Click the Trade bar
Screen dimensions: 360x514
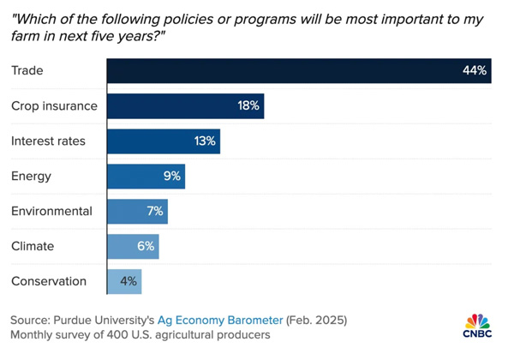[x=298, y=71]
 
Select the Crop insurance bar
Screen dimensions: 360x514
[x=185, y=106]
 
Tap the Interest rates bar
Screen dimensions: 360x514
[x=163, y=141]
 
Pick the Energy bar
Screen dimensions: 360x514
[x=146, y=177]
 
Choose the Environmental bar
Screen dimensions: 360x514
[x=137, y=212]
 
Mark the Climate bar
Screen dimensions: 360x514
[x=133, y=247]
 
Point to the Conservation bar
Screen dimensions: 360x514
[x=123, y=281]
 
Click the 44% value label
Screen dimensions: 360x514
[x=474, y=71]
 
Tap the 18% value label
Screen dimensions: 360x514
[x=249, y=106]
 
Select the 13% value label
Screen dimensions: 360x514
[x=205, y=141]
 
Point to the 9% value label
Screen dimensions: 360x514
[x=171, y=177]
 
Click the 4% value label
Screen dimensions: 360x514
[x=128, y=281]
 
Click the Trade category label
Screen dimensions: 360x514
[x=27, y=71]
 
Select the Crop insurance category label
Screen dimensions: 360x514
[x=54, y=106]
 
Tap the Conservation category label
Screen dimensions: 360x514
[x=49, y=281]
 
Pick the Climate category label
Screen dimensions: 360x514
[x=33, y=247]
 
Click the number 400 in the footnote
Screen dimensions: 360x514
[x=126, y=335]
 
